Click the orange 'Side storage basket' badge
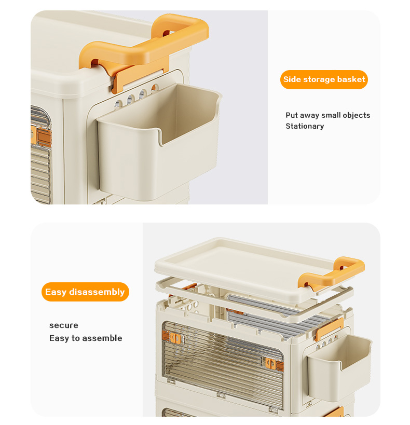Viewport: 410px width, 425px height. [x=324, y=79]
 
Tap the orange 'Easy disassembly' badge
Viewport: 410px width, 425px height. [x=85, y=292]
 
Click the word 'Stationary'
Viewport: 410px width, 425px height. [x=305, y=126]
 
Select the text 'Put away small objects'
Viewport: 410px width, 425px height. [x=327, y=115]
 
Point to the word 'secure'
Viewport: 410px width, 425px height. [x=64, y=325]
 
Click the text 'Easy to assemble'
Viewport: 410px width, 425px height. [x=86, y=338]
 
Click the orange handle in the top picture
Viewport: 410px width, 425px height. [x=144, y=44]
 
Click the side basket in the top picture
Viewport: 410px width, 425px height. [x=159, y=141]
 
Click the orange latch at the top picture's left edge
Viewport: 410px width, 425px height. [x=40, y=135]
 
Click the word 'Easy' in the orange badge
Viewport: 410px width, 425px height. [x=56, y=292]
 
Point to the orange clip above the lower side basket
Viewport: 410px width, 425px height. [x=329, y=329]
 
